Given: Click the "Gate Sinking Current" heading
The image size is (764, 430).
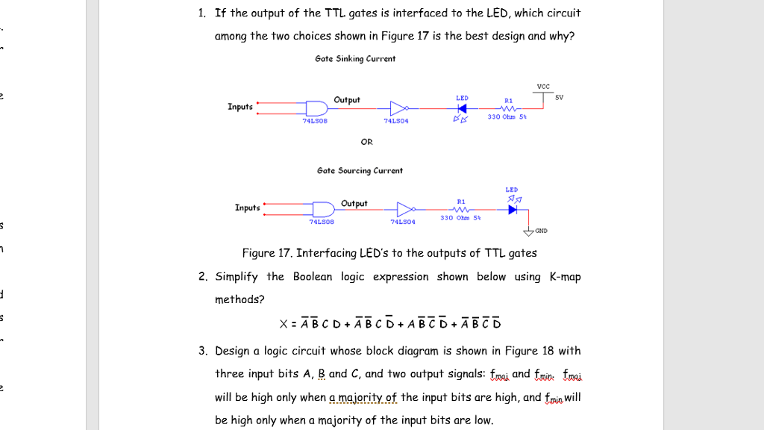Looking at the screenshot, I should click(x=355, y=58).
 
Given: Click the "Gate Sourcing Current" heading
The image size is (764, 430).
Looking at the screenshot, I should click(x=360, y=170).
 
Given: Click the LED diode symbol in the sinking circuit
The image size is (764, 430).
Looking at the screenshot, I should click(x=462, y=107).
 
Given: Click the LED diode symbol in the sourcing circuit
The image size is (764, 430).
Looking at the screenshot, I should click(x=512, y=209).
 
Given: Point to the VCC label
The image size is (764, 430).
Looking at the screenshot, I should click(x=543, y=86).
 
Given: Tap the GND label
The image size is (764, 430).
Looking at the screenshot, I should click(x=541, y=231).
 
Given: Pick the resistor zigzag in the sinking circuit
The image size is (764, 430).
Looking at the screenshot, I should click(x=509, y=107).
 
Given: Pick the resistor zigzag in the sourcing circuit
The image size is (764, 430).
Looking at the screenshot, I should click(x=461, y=209).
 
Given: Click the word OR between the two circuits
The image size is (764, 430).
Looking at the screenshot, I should click(x=366, y=141).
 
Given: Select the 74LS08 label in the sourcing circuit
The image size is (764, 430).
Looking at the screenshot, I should click(x=322, y=221).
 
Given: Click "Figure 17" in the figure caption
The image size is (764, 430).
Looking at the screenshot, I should click(x=265, y=253).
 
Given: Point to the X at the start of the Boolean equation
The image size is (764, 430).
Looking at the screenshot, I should click(x=284, y=324).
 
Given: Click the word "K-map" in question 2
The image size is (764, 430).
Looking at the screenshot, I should click(x=565, y=277).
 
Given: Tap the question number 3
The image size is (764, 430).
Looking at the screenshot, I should click(x=202, y=351).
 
